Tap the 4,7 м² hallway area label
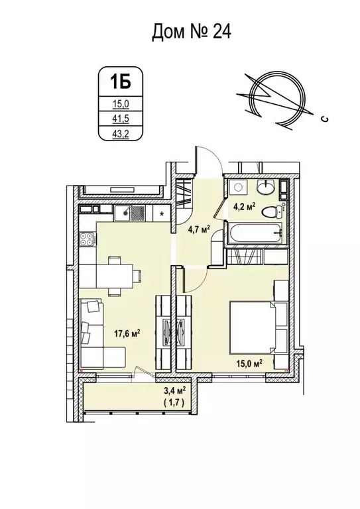(x=200, y=229)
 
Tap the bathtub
(x=255, y=233)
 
